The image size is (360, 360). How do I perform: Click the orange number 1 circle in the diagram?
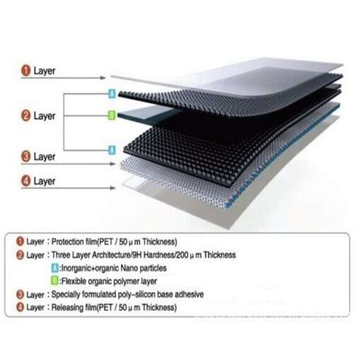(x=26, y=71)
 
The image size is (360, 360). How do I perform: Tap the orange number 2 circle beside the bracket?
(x=26, y=116)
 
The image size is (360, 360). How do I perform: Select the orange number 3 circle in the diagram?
(x=26, y=157)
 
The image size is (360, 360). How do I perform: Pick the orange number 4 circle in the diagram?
(x=26, y=181)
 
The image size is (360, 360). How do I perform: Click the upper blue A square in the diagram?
(x=112, y=94)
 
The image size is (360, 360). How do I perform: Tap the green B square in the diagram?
(x=112, y=116)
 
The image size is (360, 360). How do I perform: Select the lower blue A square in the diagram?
(x=112, y=150)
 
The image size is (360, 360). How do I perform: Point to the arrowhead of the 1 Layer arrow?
(x=103, y=78)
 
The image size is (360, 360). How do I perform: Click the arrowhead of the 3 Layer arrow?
(x=113, y=164)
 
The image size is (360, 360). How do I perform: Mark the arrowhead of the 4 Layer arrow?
(x=113, y=188)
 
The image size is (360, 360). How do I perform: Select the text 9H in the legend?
(x=136, y=255)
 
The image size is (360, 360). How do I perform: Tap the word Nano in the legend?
(x=129, y=268)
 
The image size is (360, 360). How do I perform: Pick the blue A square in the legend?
(x=55, y=268)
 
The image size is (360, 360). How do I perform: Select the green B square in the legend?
(x=55, y=281)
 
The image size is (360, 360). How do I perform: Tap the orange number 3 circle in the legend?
(x=20, y=294)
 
